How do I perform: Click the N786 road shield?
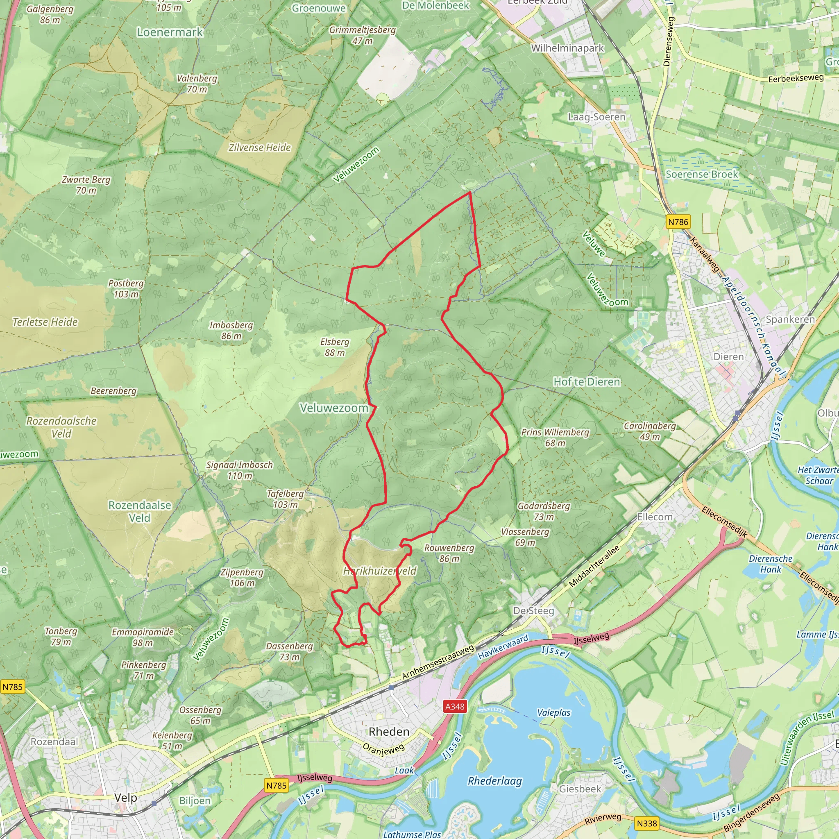click(x=678, y=222)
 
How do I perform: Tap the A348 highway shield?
click(x=455, y=706)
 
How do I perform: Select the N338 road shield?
click(x=646, y=823)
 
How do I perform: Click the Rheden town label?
click(x=389, y=731)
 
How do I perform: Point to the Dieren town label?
click(x=728, y=356)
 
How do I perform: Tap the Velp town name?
click(x=125, y=797)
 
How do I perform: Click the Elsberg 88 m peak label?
click(x=334, y=347)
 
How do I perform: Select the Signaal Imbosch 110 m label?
click(x=239, y=470)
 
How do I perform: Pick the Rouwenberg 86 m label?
click(x=449, y=553)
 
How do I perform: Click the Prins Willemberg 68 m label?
click(x=555, y=437)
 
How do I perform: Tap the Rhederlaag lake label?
click(x=494, y=781)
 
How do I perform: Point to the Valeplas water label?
click(x=554, y=713)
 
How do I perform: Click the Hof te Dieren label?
click(x=586, y=382)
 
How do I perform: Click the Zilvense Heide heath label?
click(x=260, y=147)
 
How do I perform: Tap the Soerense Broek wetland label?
click(x=701, y=174)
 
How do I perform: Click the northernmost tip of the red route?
click(x=470, y=193)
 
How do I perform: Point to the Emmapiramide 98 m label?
click(x=143, y=637)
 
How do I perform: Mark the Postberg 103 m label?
click(x=126, y=288)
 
